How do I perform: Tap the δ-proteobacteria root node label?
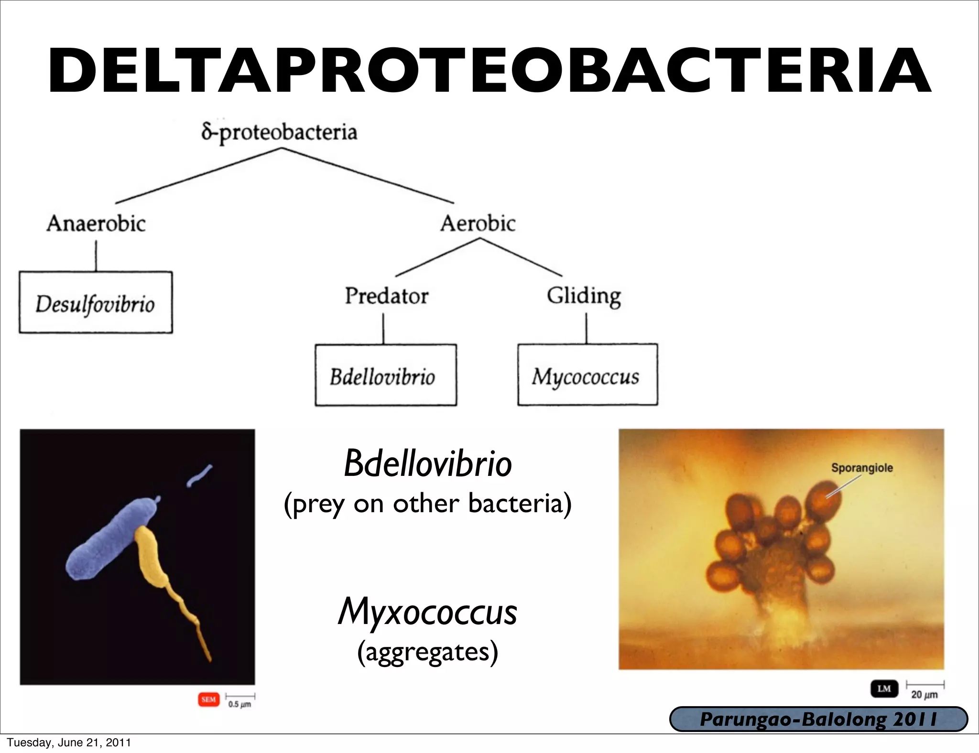[279, 132]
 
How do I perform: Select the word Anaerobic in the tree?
[96, 223]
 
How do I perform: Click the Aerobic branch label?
[478, 223]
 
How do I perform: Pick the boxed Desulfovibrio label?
[96, 304]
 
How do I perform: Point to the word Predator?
[386, 296]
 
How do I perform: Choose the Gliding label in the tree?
[584, 296]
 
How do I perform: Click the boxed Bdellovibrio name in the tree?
[383, 376]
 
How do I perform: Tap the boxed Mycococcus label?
[586, 376]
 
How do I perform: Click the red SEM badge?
[208, 699]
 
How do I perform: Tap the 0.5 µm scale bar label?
[239, 704]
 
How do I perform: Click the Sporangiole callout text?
[861, 468]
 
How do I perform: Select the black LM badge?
[884, 688]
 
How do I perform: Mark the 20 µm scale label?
[924, 695]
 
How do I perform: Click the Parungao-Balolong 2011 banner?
[818, 720]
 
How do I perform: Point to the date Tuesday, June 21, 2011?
[69, 742]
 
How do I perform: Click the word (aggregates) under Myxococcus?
[427, 652]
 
